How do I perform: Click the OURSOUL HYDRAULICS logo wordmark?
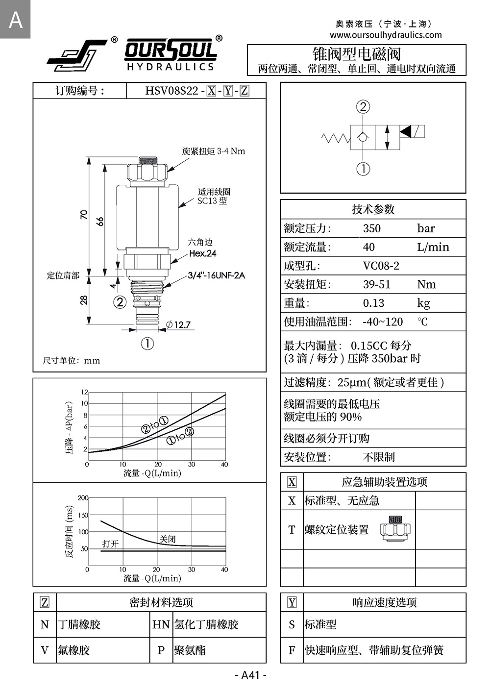pos(170,55)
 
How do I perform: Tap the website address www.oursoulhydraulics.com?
pos(386,35)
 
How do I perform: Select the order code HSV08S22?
pos(171,91)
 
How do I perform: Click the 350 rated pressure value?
pos(371,228)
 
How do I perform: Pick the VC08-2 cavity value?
pos(381,266)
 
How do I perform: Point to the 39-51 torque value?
pos(376,284)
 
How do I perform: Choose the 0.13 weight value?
pos(373,303)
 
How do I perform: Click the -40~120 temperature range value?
pos(382,322)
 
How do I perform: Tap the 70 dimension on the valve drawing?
pos(84,215)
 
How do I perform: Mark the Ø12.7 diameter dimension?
pos(178,324)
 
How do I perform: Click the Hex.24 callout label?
pos(202,253)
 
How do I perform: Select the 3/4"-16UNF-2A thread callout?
pos(216,275)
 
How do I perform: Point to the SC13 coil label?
pos(212,200)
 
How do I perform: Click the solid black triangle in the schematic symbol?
pos(406,131)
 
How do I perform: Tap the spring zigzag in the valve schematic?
pos(336,138)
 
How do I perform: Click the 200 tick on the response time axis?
pos(83,498)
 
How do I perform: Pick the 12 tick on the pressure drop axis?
pos(84,392)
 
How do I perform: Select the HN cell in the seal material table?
pos(161,624)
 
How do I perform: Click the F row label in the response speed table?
pos(292,650)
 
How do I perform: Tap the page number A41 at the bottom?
pos(250,675)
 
